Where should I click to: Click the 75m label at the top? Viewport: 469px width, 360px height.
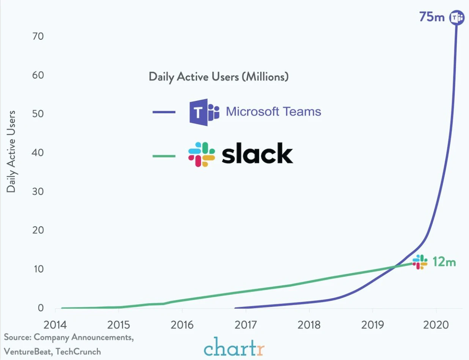tap(431, 17)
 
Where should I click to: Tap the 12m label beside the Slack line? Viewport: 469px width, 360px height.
tap(444, 262)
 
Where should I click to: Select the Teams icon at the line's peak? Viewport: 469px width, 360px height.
tap(456, 17)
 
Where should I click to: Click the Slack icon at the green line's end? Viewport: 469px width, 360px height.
tap(420, 262)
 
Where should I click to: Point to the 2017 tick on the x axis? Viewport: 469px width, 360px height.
tap(246, 325)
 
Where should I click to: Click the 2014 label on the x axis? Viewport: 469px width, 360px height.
tap(55, 325)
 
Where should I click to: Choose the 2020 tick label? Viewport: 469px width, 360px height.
tap(436, 325)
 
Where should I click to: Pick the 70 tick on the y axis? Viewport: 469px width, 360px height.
tap(39, 36)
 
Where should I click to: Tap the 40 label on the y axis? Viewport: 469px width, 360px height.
tap(39, 153)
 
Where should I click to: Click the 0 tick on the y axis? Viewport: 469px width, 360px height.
tap(41, 308)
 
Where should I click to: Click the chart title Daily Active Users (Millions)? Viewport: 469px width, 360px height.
tap(219, 77)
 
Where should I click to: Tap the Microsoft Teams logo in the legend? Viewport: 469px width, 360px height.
tap(204, 112)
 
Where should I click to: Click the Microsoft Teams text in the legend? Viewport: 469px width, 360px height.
tap(273, 112)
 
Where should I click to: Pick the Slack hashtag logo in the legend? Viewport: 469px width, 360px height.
tap(201, 155)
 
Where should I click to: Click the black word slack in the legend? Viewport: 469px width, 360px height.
tap(257, 154)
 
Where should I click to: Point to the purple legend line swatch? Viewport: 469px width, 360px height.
tap(164, 112)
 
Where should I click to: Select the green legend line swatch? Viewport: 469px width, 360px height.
tap(164, 156)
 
